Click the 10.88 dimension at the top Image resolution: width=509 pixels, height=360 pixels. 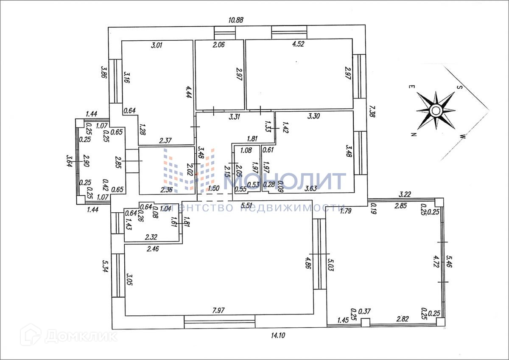(237, 20)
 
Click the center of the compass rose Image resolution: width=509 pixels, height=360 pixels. (436, 111)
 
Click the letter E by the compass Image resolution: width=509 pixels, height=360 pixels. (411, 87)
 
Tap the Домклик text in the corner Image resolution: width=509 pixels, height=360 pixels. (81, 336)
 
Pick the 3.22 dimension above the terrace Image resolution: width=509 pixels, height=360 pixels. (406, 194)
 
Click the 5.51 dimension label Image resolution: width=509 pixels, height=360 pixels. (247, 206)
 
